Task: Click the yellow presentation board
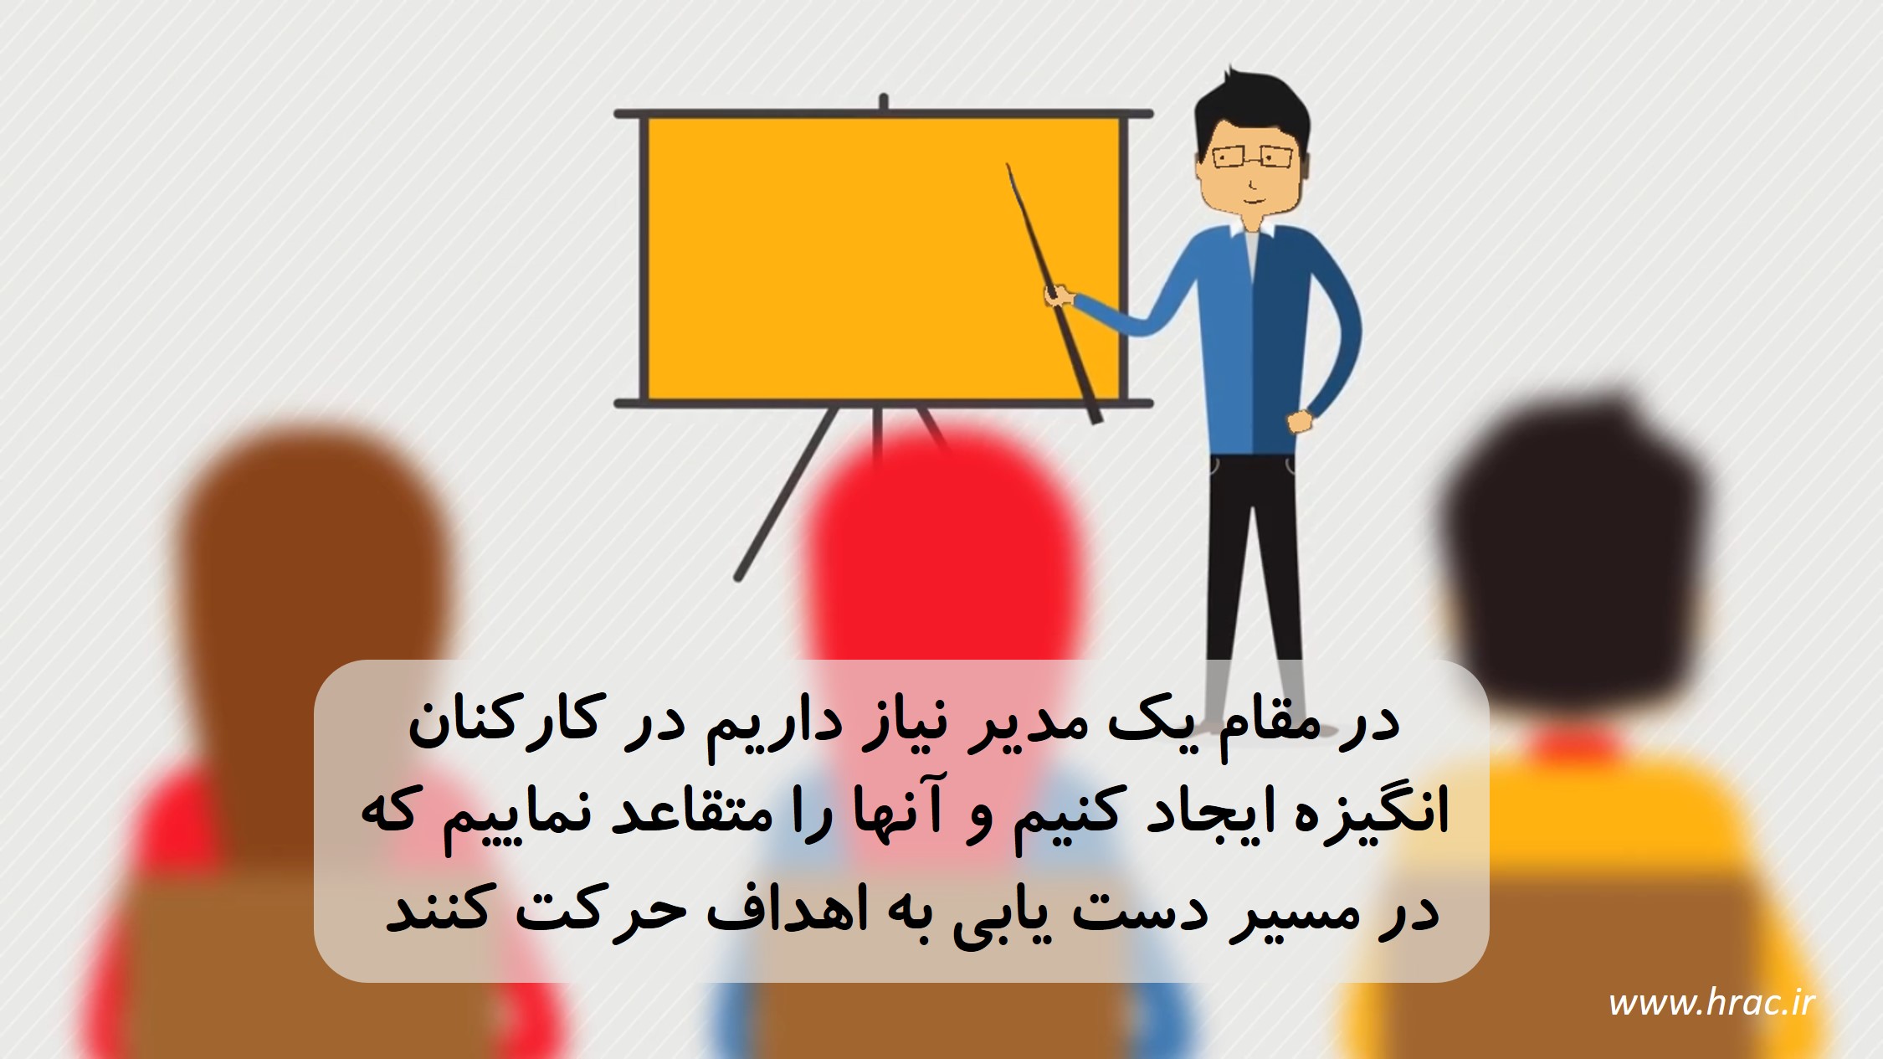[x=882, y=258]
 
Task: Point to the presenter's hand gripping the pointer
[x=1060, y=296]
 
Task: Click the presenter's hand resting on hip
[x=1301, y=421]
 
